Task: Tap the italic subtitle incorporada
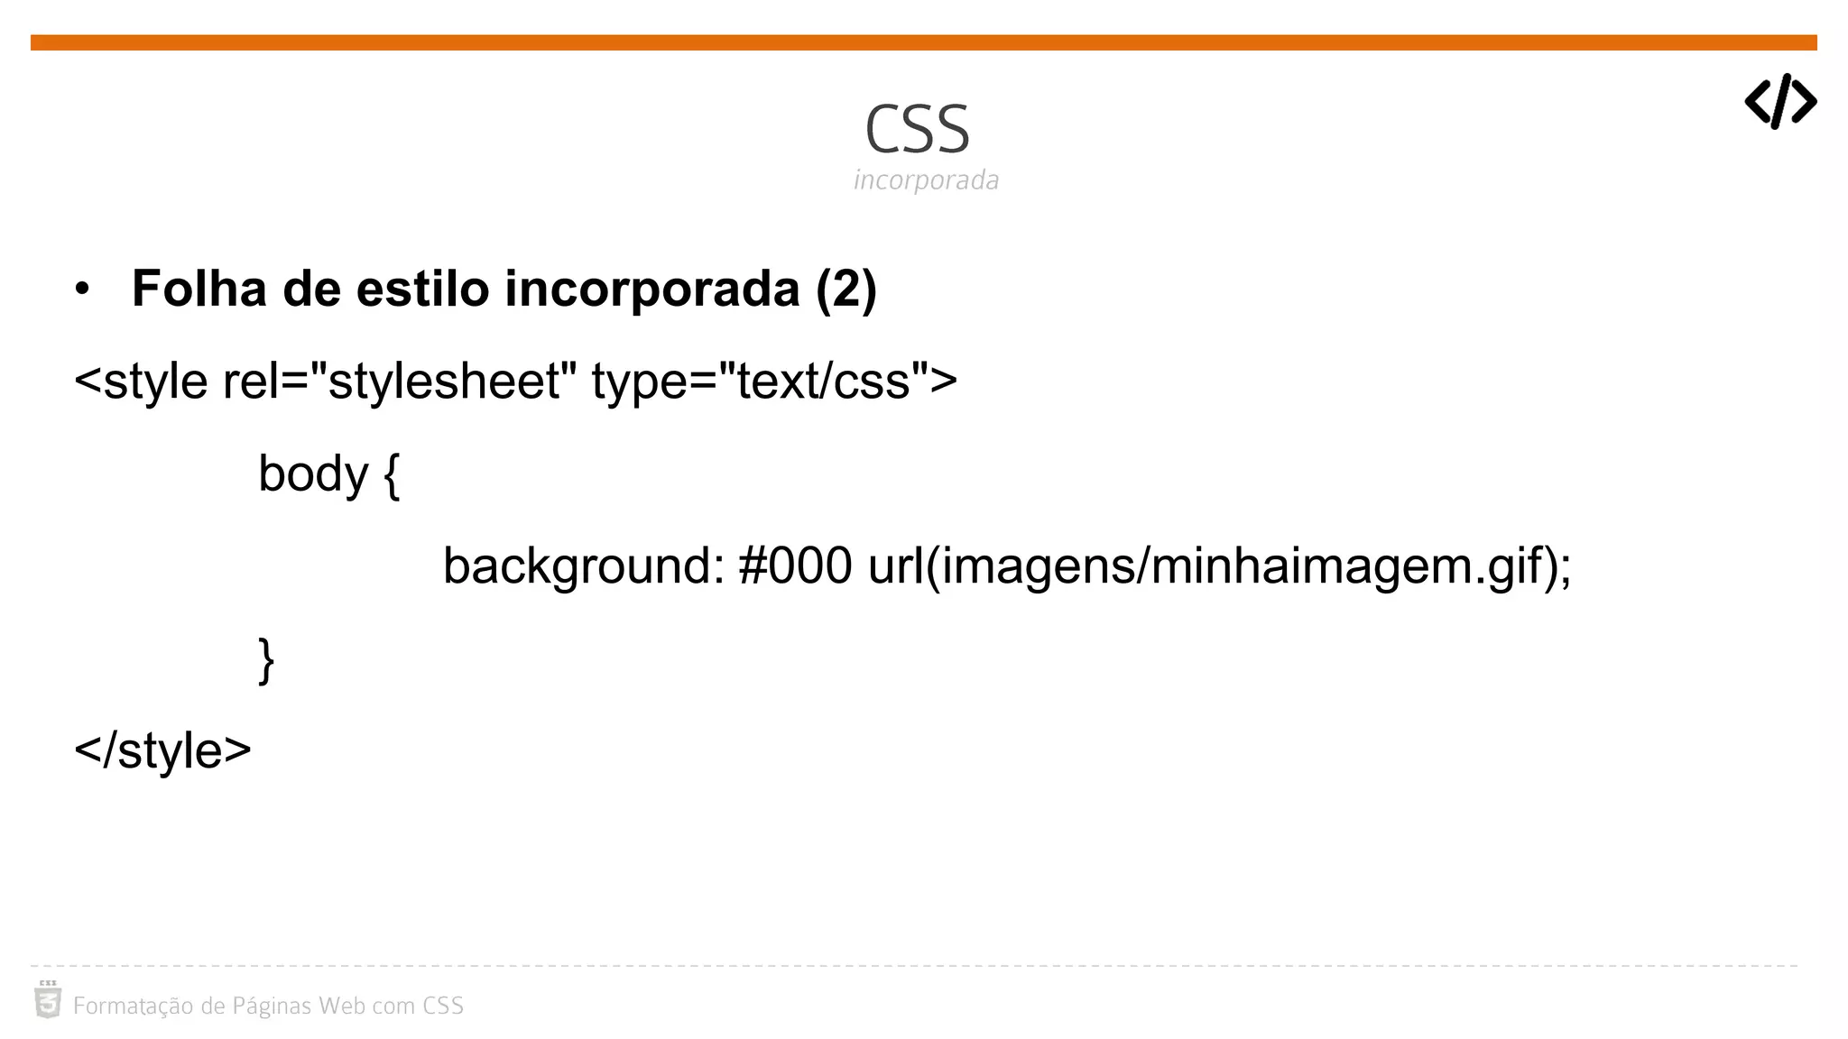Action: [x=926, y=180]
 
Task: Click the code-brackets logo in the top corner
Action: [x=1779, y=101]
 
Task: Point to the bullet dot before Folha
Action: [x=83, y=290]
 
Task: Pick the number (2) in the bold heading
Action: [x=845, y=290]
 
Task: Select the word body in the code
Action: [x=313, y=474]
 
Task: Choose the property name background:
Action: [x=584, y=566]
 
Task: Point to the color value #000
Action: [x=795, y=566]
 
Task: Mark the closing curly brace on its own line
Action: [x=266, y=660]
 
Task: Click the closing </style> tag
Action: [x=162, y=750]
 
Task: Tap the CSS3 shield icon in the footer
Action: [x=48, y=1000]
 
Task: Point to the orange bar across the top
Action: [x=924, y=42]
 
